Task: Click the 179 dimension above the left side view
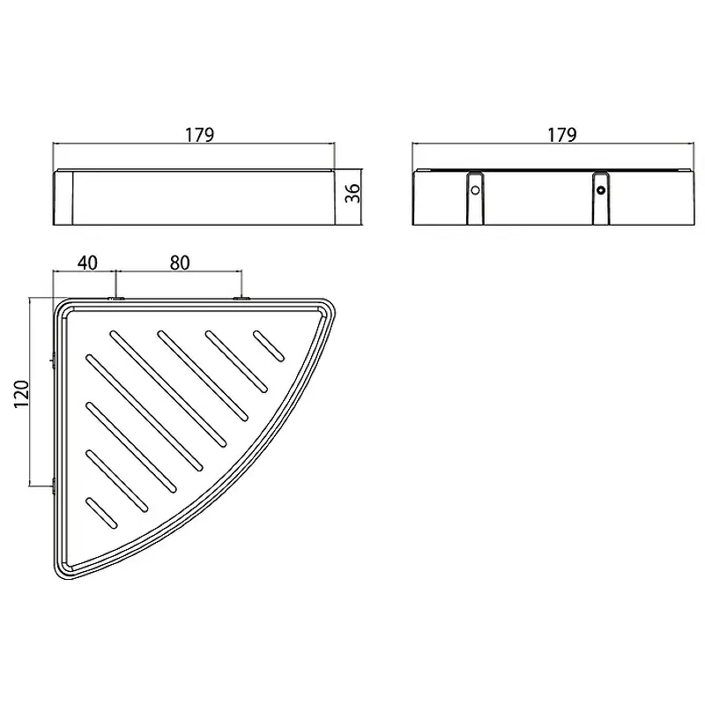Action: pos(200,135)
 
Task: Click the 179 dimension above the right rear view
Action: pos(561,135)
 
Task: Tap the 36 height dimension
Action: pos(353,193)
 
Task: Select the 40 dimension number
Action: pos(87,263)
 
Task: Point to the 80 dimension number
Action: pos(180,263)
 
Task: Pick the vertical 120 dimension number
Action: pos(21,394)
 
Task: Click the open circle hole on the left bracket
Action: pos(475,190)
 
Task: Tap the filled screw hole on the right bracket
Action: pos(601,190)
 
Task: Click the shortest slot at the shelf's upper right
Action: pos(269,345)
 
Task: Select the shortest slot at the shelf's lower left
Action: pos(101,513)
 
